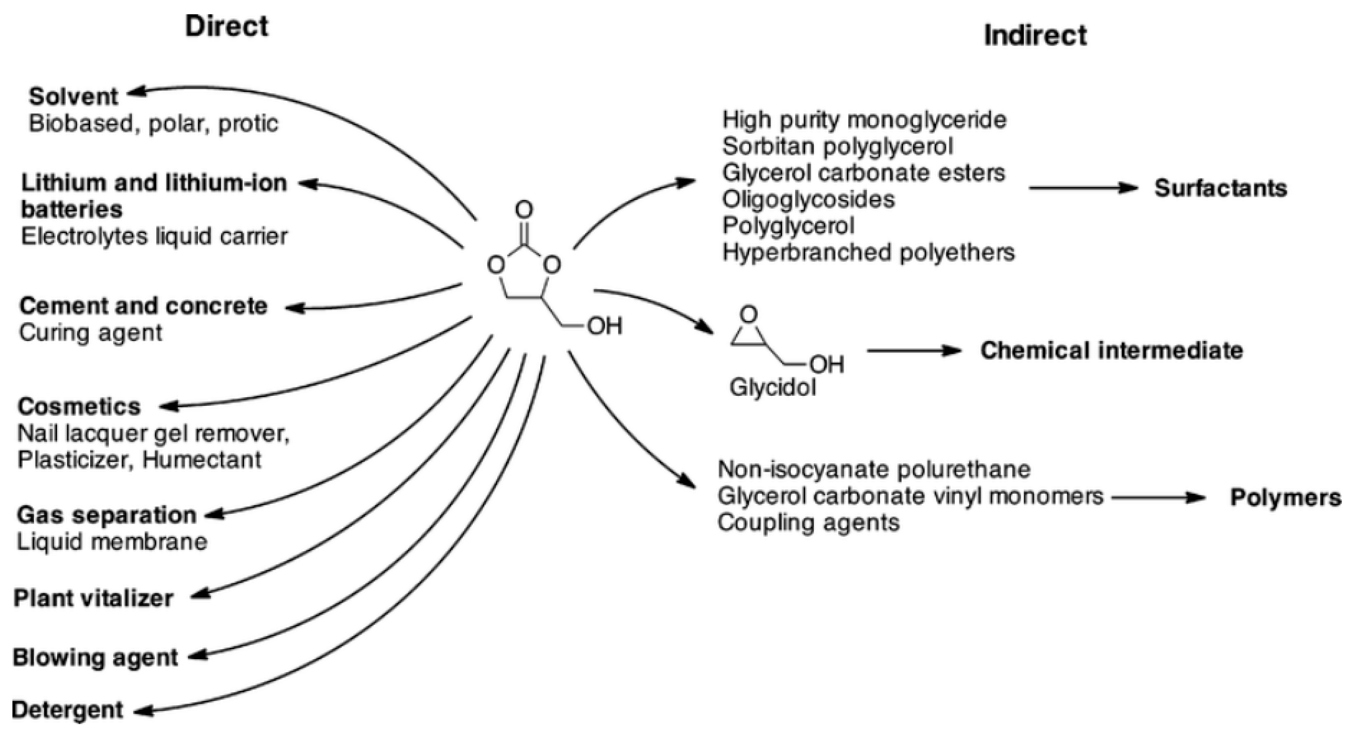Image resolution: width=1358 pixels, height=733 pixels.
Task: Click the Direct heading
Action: click(x=227, y=26)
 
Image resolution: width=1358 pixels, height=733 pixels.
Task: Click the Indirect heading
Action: click(x=1035, y=36)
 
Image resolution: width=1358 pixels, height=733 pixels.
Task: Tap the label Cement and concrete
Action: click(x=144, y=306)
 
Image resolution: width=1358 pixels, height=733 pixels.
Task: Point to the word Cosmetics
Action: click(x=79, y=407)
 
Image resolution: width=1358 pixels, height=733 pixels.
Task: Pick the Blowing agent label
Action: click(x=95, y=658)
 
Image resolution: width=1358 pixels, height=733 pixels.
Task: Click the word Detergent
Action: click(x=67, y=710)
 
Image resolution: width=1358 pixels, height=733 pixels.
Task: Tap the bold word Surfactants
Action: click(x=1220, y=188)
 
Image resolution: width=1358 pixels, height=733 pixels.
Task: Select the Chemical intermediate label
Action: click(x=1111, y=351)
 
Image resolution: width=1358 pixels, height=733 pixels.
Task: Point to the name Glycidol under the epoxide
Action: click(x=772, y=388)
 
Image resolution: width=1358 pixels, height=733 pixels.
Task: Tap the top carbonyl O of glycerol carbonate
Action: click(x=524, y=210)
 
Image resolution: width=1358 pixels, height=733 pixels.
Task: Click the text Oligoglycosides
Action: click(x=808, y=199)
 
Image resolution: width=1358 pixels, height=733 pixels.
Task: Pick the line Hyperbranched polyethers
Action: click(x=868, y=252)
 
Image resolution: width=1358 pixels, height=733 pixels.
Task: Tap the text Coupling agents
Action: click(x=808, y=523)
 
